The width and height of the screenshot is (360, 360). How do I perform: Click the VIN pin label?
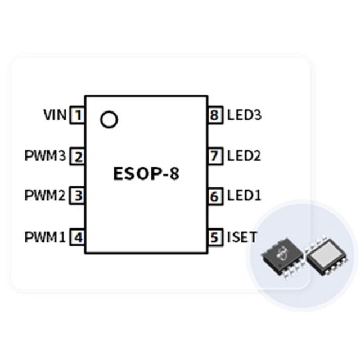pyautogui.click(x=55, y=115)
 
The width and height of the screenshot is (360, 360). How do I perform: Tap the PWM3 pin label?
pyautogui.click(x=45, y=156)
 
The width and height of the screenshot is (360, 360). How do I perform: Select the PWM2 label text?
pyautogui.click(x=45, y=195)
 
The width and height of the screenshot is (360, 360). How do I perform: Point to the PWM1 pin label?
pyautogui.click(x=45, y=237)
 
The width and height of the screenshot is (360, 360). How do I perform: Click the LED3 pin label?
pyautogui.click(x=244, y=115)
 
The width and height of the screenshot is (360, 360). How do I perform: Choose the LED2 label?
pyautogui.click(x=244, y=156)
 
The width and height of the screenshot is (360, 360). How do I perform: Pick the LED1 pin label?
pyautogui.click(x=244, y=196)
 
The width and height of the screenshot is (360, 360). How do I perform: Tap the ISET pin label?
pyautogui.click(x=242, y=237)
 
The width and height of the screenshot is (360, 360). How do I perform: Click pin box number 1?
pyautogui.click(x=78, y=115)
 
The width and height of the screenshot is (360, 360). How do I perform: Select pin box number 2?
pyautogui.click(x=78, y=156)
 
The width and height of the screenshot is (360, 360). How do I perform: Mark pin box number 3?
pyautogui.click(x=78, y=196)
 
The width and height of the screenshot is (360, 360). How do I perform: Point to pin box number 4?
pyautogui.click(x=78, y=237)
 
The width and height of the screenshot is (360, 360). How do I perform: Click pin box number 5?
pyautogui.click(x=215, y=237)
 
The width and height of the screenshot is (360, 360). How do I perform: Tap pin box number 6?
pyautogui.click(x=215, y=196)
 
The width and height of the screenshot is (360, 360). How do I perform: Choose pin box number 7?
pyautogui.click(x=215, y=156)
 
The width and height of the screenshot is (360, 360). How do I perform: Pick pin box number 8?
pyautogui.click(x=215, y=115)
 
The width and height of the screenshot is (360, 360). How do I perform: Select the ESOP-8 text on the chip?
pyautogui.click(x=146, y=174)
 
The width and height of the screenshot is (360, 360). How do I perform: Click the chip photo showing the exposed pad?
pyautogui.click(x=327, y=255)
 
